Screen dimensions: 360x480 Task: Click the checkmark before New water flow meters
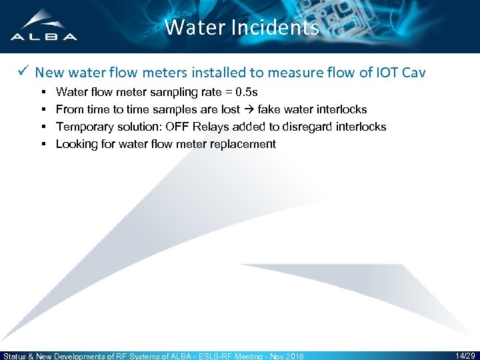coord(23,72)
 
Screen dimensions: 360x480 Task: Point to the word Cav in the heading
coord(413,72)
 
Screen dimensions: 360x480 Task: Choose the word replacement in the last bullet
coord(241,143)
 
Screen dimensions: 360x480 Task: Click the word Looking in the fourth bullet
coord(76,143)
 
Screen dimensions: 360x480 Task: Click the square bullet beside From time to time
coord(43,109)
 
